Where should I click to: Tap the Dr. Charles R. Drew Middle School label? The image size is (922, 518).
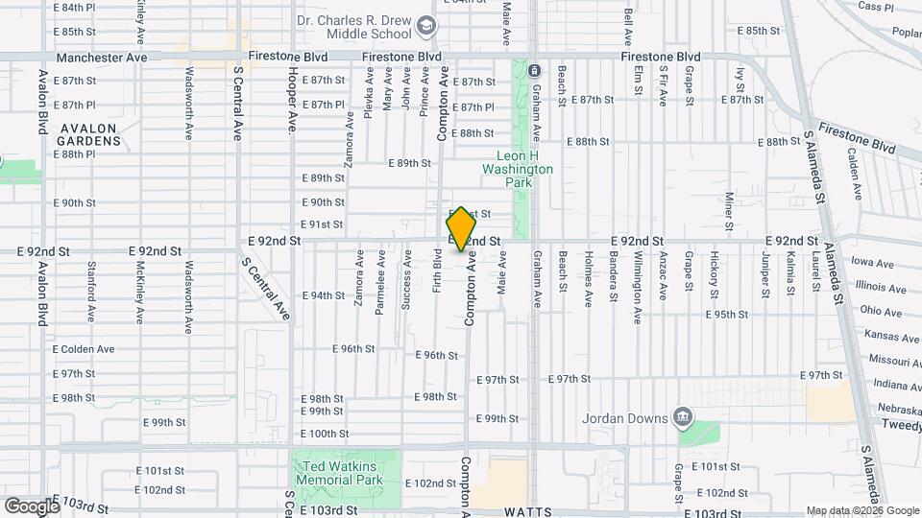pos(354,28)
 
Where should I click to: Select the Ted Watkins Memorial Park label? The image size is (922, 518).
pos(337,474)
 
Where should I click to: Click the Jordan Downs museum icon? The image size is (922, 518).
pos(683,416)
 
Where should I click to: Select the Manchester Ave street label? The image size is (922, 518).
pos(102,59)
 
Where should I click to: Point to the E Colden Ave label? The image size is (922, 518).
pos(84,349)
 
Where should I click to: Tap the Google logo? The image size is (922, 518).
pos(33,506)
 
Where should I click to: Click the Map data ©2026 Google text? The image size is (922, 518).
pos(861,510)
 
